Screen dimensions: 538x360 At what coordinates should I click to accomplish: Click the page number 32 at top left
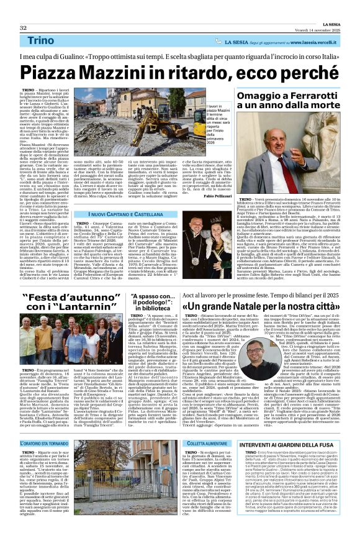click(x=23, y=10)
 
